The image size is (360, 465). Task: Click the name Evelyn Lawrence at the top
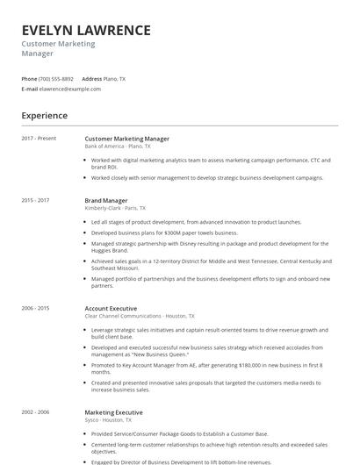(86, 30)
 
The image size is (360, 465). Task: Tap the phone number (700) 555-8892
(56, 79)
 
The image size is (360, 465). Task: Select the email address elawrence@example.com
(70, 89)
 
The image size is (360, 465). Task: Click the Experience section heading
(44, 115)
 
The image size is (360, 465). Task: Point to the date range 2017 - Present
(39, 138)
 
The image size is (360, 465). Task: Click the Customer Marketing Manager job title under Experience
(126, 139)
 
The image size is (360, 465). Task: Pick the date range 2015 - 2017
(35, 200)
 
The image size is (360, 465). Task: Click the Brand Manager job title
(105, 200)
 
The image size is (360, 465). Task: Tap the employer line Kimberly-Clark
(115, 208)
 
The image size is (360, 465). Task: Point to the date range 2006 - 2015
(35, 308)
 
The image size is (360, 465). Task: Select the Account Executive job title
(111, 308)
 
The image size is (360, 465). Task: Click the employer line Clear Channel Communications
(139, 316)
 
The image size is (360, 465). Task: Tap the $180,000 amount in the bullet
(242, 363)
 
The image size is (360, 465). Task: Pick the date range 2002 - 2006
(35, 411)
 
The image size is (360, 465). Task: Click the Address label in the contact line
(91, 79)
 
